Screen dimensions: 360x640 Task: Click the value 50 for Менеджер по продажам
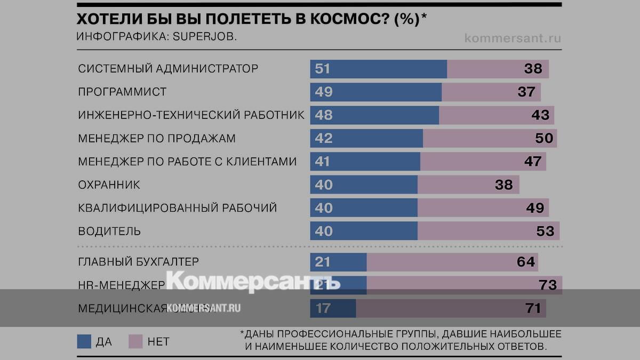coord(544,138)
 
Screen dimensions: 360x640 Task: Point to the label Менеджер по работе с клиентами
coord(187,161)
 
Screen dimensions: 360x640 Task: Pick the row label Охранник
coord(109,185)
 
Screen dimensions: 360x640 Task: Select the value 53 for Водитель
coord(545,231)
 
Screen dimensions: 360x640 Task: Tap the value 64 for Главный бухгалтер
coord(525,262)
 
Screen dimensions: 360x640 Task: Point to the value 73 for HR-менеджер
coord(548,285)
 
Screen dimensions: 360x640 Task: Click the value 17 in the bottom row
coord(323,308)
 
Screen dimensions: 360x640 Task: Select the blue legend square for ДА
coord(84,341)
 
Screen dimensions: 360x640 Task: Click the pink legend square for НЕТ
coord(135,341)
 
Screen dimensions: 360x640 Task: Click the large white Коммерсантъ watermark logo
coord(253,280)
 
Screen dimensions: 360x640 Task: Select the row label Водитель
coord(109,231)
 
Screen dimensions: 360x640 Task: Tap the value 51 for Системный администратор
coord(323,69)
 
